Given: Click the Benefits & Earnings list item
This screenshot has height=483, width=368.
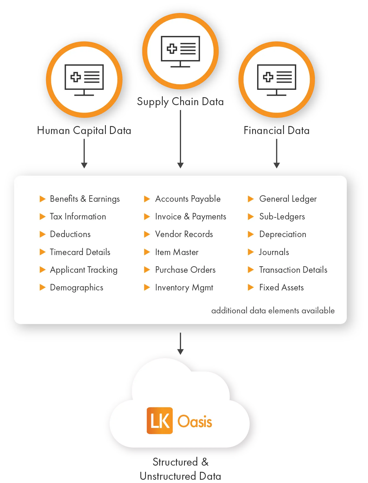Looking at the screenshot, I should pyautogui.click(x=85, y=199).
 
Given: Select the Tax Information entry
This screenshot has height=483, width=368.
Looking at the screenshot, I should pyautogui.click(x=78, y=217).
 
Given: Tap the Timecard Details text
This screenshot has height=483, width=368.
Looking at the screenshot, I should pyautogui.click(x=80, y=252).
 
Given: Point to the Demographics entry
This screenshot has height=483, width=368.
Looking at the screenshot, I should pyautogui.click(x=77, y=288).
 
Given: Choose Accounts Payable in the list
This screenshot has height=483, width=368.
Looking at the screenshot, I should pyautogui.click(x=188, y=199).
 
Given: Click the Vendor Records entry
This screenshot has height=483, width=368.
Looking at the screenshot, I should pyautogui.click(x=184, y=234).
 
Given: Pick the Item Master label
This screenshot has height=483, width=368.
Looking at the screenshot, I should pyautogui.click(x=177, y=252).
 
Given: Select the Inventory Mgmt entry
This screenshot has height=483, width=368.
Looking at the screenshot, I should pyautogui.click(x=184, y=288).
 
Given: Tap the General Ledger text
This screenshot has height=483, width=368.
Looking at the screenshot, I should pyautogui.click(x=288, y=199).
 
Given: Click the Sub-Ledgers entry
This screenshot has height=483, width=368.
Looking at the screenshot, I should pyautogui.click(x=282, y=217).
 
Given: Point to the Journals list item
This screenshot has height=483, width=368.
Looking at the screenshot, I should pyautogui.click(x=274, y=252).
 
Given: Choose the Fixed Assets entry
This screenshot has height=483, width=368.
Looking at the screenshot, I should pyautogui.click(x=281, y=288).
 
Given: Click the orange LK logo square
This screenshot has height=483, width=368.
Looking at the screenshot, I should pyautogui.click(x=160, y=421).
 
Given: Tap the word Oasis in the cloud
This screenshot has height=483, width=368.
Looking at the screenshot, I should pyautogui.click(x=195, y=421).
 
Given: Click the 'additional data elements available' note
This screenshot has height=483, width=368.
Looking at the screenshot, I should pyautogui.click(x=273, y=311).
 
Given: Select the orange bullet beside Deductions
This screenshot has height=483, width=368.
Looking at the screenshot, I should pyautogui.click(x=42, y=234).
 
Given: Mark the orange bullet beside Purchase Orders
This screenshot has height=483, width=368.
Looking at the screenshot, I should pyautogui.click(x=147, y=270).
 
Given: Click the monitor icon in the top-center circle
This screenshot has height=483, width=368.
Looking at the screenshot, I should pyautogui.click(x=180, y=52).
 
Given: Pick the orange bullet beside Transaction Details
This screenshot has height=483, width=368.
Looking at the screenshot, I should pyautogui.click(x=251, y=270).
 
